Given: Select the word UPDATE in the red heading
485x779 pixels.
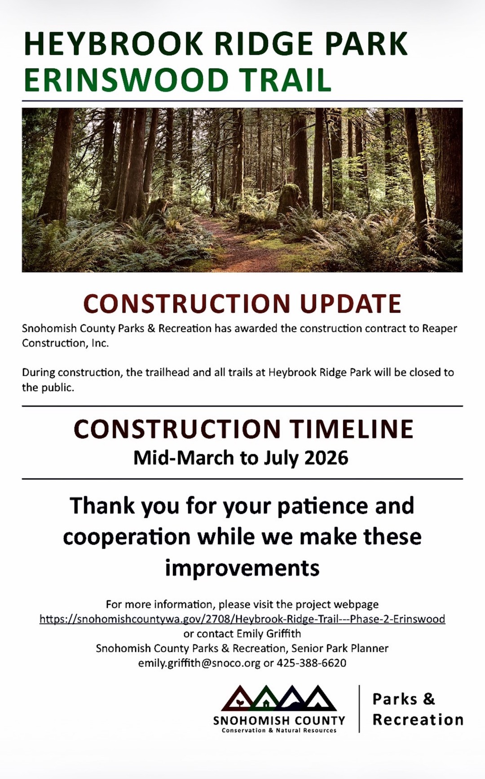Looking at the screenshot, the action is click(x=350, y=303).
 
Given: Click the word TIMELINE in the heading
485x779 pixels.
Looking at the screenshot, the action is click(x=351, y=429).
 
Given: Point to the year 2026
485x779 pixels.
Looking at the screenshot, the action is click(x=326, y=458).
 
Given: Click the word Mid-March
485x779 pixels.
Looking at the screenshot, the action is click(x=184, y=458).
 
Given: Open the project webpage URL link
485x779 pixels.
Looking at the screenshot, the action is click(x=242, y=619).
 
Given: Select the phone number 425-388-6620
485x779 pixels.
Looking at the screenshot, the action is click(x=311, y=663).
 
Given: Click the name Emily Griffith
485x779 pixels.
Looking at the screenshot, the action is click(x=269, y=633).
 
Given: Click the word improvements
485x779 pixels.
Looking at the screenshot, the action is click(x=242, y=568).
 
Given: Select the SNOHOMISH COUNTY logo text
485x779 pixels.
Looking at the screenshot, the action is click(x=279, y=721).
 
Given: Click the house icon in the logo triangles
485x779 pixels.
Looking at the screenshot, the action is click(x=266, y=703).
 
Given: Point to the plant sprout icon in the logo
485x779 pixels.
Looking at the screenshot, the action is click(x=240, y=703).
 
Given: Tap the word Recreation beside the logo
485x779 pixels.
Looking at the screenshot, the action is click(x=418, y=720).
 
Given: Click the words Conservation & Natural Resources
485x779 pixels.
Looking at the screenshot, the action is click(x=279, y=730).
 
